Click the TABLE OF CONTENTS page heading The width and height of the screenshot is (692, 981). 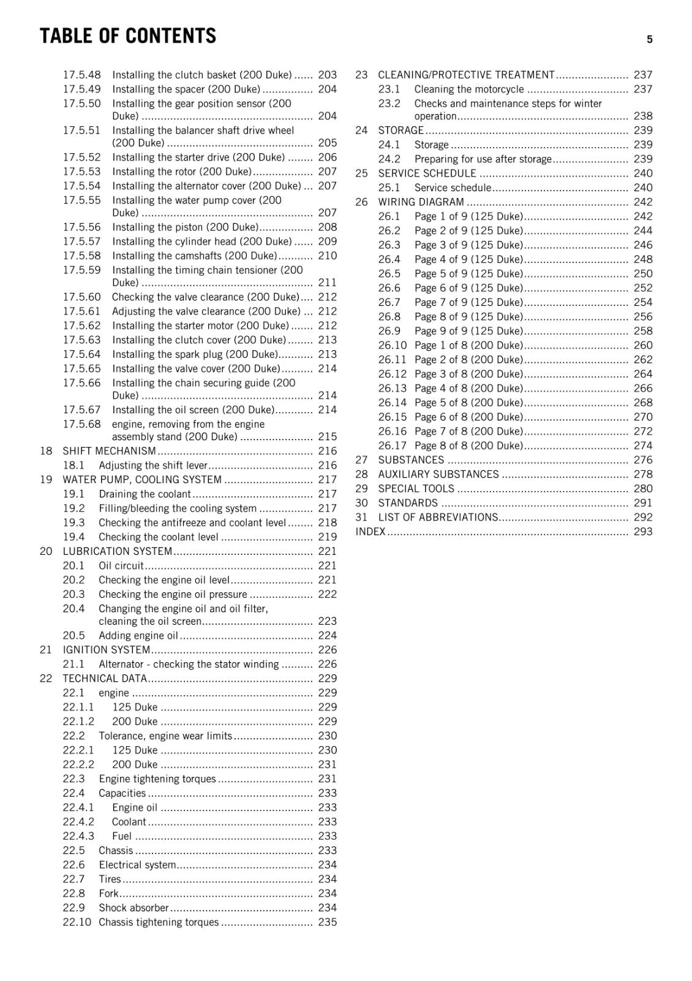click(128, 36)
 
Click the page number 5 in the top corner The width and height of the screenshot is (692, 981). click(649, 39)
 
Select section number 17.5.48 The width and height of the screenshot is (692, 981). click(81, 75)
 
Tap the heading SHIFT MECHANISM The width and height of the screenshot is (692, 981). click(109, 451)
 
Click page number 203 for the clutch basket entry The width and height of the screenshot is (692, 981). click(327, 75)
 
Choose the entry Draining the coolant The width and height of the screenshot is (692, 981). click(145, 494)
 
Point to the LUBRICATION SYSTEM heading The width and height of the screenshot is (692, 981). click(117, 551)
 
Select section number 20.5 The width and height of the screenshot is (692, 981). click(73, 636)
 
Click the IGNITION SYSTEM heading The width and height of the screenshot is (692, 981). click(106, 650)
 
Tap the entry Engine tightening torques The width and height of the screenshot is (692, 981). click(157, 779)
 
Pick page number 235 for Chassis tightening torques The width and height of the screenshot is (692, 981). click(327, 922)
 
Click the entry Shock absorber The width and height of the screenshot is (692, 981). click(134, 908)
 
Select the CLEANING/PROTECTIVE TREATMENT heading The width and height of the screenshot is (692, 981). click(466, 75)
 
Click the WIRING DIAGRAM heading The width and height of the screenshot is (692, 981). click(421, 202)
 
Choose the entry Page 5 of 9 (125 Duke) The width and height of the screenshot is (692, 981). click(468, 274)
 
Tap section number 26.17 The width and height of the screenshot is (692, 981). click(392, 446)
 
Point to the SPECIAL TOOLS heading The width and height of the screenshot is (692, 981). click(416, 489)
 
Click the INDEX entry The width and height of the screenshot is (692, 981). click(370, 532)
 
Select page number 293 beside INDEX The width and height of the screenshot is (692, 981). click(643, 532)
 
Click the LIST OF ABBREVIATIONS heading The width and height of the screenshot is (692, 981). click(438, 517)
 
